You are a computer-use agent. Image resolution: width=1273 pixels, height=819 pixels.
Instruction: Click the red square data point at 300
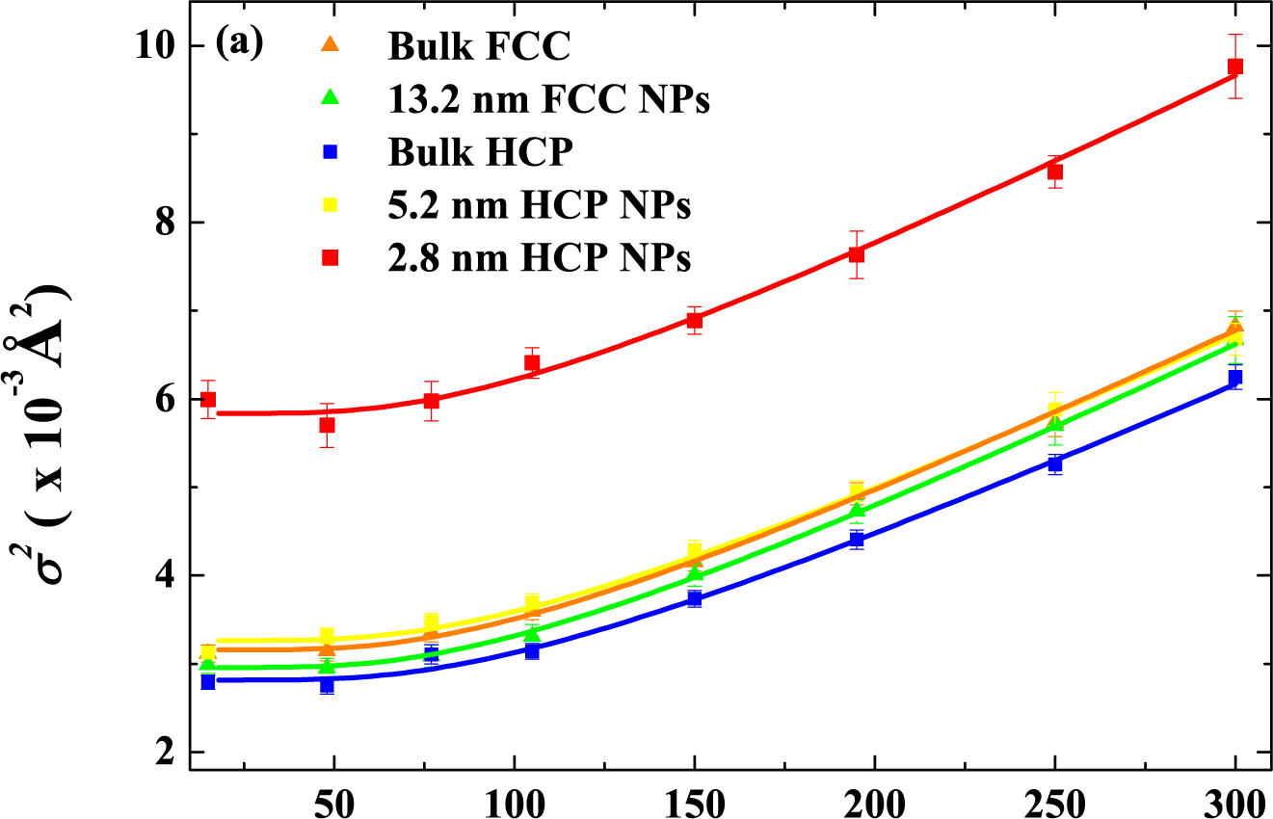coord(1235,66)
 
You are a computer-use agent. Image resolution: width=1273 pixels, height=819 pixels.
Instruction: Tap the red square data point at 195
coord(857,254)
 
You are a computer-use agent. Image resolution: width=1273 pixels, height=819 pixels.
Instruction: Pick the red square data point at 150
coord(694,320)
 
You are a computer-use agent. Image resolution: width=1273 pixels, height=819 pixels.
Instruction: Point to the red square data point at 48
coord(327,425)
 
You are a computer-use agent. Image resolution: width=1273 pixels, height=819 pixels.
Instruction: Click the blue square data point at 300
coord(1235,378)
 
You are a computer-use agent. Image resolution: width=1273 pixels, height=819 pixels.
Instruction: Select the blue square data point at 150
coord(694,599)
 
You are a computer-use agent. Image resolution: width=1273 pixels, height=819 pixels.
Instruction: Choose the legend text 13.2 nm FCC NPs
coord(549,99)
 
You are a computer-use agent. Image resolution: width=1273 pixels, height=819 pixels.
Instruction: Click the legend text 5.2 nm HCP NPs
coord(540,205)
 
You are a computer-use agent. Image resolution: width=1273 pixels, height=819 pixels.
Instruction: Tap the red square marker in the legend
coord(330,258)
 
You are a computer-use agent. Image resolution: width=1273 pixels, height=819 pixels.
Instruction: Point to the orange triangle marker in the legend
coord(330,44)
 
